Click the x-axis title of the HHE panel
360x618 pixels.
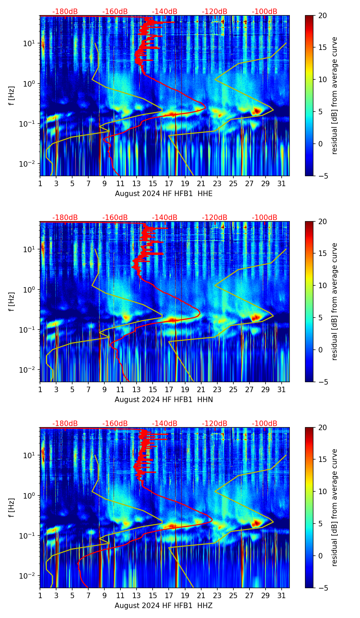164,194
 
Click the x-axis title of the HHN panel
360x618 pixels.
164,400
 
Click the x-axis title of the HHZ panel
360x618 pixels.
164,606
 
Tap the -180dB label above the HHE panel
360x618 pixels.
65,12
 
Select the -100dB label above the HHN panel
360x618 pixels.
265,218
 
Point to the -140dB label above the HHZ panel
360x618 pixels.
165,424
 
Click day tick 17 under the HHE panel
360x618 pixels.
169,183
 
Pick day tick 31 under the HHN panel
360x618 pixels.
282,389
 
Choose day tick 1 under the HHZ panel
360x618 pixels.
40,595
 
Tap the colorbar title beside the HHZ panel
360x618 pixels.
334,507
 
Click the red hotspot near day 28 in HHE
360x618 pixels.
257,111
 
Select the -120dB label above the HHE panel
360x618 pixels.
215,12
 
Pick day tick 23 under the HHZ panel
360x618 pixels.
217,595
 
